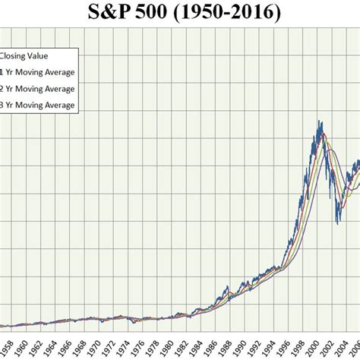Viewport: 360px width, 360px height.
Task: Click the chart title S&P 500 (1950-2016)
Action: coord(180,12)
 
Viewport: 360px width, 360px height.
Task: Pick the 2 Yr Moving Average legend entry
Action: coord(38,88)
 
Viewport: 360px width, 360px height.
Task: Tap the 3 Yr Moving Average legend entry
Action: coord(38,105)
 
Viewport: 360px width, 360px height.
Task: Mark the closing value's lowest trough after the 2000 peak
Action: coord(337,223)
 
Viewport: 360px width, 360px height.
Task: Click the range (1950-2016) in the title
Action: coord(229,12)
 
